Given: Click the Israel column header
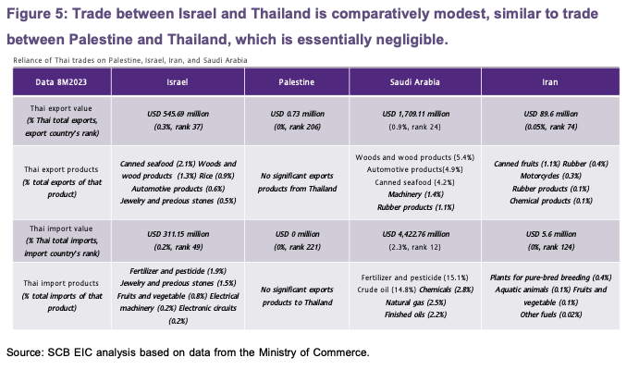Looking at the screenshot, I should coord(178,82).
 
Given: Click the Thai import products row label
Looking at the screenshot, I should coord(61,284).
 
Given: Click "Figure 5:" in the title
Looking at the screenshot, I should coord(39,15).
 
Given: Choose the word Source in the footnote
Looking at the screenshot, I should coord(26,351).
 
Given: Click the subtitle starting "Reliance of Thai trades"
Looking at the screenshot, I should coord(129,60).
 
